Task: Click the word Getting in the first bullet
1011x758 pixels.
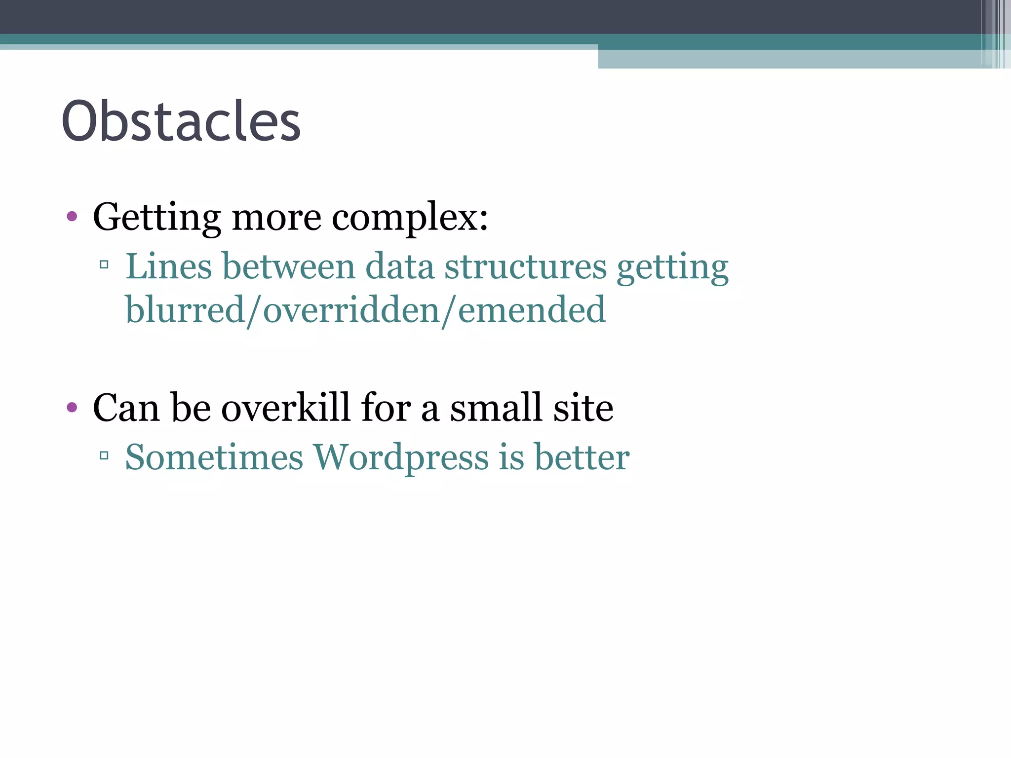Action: (x=156, y=218)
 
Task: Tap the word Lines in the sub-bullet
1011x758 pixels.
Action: (x=168, y=266)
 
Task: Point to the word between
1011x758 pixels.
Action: (x=288, y=266)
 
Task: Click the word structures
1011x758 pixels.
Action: (x=525, y=266)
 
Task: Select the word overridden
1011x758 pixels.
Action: (x=351, y=310)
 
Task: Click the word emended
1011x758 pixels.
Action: (x=532, y=310)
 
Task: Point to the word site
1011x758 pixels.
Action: (x=583, y=408)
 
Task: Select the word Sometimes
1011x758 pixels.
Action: (x=214, y=457)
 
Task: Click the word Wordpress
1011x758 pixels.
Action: (x=401, y=457)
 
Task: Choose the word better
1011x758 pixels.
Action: (x=582, y=457)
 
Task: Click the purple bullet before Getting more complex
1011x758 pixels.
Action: (x=72, y=216)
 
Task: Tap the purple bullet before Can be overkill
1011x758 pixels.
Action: (x=72, y=407)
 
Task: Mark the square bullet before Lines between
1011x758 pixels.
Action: (x=104, y=265)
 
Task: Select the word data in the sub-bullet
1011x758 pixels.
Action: (x=399, y=266)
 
